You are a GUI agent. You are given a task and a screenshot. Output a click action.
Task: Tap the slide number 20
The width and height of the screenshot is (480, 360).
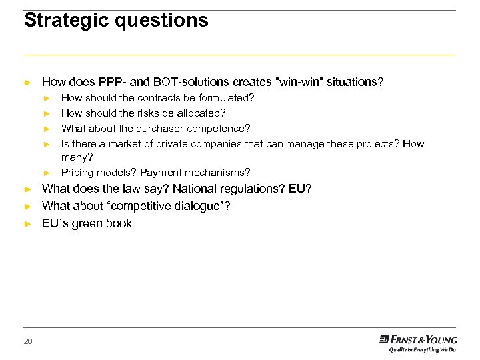click(x=28, y=341)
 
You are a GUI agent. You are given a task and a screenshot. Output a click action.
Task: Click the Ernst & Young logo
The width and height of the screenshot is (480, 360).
click(x=418, y=339)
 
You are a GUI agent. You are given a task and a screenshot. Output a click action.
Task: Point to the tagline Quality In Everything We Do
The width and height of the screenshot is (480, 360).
click(x=422, y=349)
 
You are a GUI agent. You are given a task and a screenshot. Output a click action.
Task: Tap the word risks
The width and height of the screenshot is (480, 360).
click(x=155, y=113)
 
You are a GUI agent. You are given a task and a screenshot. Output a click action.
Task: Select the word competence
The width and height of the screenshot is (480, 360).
click(x=219, y=128)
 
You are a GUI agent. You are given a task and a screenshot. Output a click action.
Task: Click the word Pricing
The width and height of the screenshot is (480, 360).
click(x=77, y=173)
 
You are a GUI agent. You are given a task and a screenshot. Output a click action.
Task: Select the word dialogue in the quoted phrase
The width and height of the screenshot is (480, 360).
click(x=197, y=206)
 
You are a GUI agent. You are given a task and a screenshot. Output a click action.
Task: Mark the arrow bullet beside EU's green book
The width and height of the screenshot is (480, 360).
click(x=27, y=224)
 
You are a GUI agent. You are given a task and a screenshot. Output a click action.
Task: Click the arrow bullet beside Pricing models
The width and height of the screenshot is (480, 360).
click(x=47, y=173)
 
